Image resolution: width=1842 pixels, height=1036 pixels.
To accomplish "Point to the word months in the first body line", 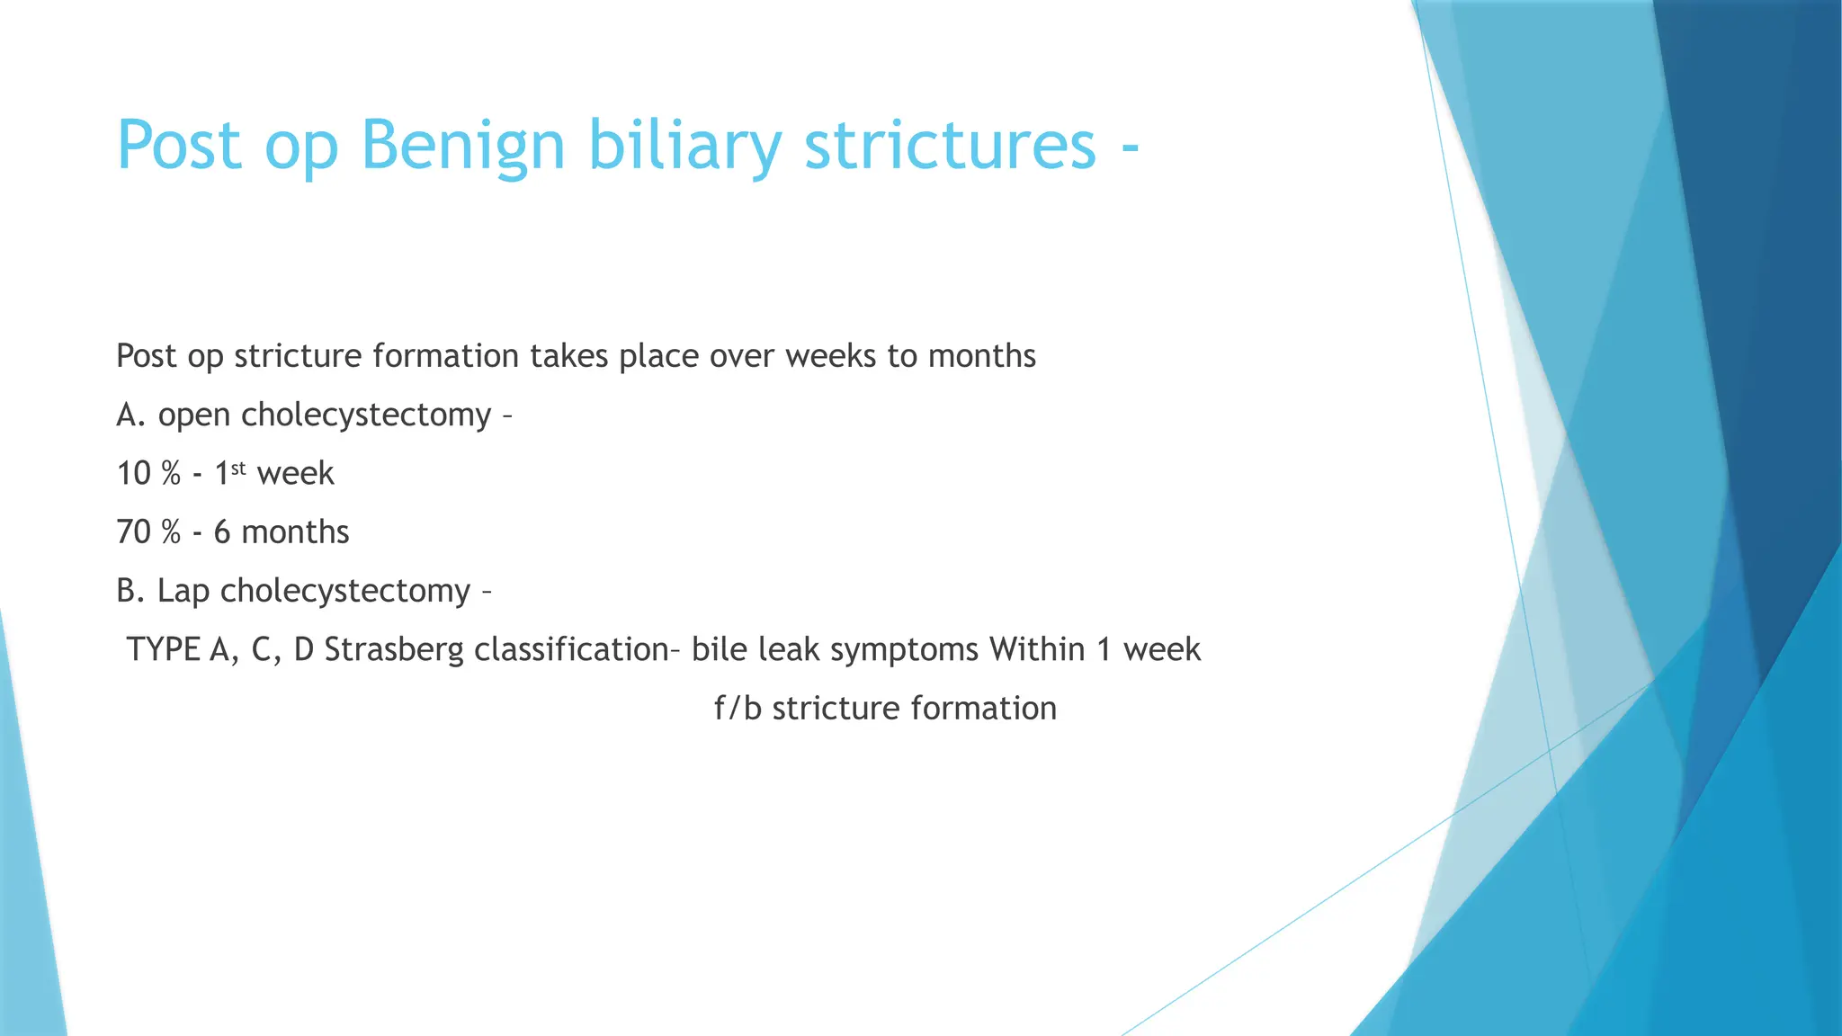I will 981,356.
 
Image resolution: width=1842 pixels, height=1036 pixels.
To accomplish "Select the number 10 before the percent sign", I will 133,474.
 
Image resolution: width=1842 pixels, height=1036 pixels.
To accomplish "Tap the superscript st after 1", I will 238,468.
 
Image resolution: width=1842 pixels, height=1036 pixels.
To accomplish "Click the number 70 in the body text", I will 133,532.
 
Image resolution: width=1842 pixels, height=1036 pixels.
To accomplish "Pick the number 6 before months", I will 222,532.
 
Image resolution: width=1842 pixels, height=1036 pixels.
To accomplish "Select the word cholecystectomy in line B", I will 345,592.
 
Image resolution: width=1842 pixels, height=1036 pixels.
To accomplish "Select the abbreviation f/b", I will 738,709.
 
